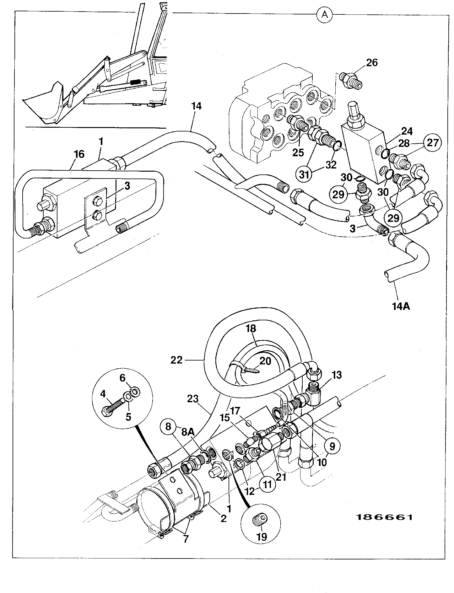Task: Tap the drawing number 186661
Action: pyautogui.click(x=384, y=517)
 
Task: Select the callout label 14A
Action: pyautogui.click(x=401, y=306)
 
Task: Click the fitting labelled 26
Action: pyautogui.click(x=351, y=80)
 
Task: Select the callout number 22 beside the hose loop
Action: pyautogui.click(x=176, y=360)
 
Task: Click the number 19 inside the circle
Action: pyautogui.click(x=262, y=537)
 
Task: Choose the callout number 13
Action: pyautogui.click(x=337, y=375)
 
